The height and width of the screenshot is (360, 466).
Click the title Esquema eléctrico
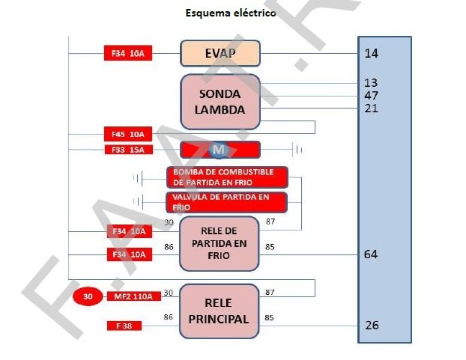tap(231, 13)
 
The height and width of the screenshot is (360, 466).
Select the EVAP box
tap(220, 53)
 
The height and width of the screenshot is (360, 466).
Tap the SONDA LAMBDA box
tap(220, 102)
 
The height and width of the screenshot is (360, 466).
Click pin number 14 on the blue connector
tap(371, 53)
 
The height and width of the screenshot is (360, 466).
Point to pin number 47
tap(371, 95)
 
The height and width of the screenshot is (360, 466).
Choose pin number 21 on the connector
tap(371, 109)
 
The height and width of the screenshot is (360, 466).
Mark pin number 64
tap(371, 254)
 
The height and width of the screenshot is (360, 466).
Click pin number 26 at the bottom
tap(372, 325)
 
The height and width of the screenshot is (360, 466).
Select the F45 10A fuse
tap(128, 135)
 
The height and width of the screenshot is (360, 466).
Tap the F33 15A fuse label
tap(128, 150)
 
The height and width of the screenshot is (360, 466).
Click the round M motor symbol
tap(219, 150)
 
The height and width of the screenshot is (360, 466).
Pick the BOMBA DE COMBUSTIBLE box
tap(226, 177)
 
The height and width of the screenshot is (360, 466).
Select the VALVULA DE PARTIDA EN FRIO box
tap(226, 202)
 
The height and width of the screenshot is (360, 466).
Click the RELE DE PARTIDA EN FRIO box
tap(220, 243)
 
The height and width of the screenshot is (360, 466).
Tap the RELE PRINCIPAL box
tap(220, 311)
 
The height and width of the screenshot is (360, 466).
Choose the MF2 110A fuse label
tap(133, 296)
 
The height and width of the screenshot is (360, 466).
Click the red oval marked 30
tap(88, 296)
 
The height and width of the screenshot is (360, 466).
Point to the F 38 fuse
tap(124, 326)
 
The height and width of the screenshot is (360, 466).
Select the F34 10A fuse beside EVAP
tap(128, 53)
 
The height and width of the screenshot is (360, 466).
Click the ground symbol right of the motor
tap(298, 150)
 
